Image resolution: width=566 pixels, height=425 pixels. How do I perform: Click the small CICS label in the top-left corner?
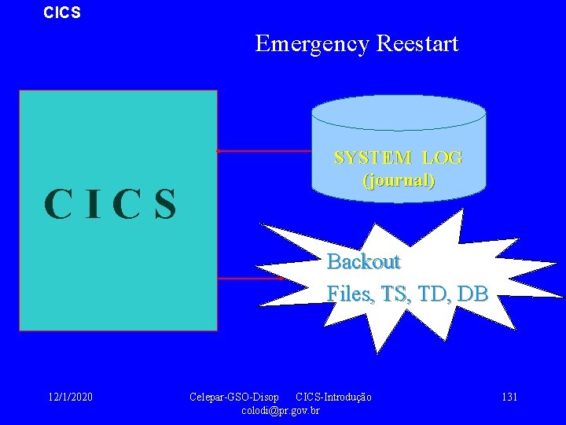pos(62,13)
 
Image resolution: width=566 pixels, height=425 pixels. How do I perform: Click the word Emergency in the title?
pos(311,44)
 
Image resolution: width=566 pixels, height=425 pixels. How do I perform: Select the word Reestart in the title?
pos(417,44)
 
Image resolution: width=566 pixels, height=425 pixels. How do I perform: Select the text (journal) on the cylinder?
pos(399,180)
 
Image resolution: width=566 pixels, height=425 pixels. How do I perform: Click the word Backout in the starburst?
pos(363,261)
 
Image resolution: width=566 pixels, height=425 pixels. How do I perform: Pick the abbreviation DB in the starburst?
pos(472,294)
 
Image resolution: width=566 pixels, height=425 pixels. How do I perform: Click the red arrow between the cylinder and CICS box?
pos(263,150)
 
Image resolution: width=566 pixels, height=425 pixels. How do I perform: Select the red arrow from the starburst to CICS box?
pos(249,278)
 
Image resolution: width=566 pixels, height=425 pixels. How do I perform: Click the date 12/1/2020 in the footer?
pos(69,397)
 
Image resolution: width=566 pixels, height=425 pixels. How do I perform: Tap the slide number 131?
pos(509,397)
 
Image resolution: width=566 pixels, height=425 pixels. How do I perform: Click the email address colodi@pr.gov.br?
pos(281,410)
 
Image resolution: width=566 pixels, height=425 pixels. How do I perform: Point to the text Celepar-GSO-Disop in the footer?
pos(234,397)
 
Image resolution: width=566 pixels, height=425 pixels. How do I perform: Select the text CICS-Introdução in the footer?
pos(333,397)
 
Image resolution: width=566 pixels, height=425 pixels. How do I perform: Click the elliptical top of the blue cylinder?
pos(399,113)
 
